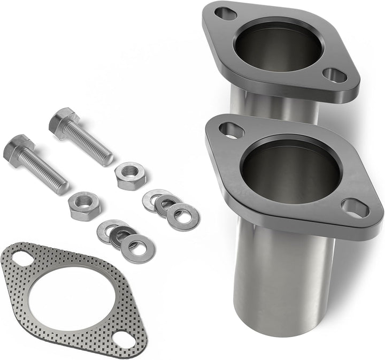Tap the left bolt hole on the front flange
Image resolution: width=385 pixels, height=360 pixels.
pos(232,129)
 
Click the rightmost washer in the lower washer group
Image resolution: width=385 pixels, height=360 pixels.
pos(137,247)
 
